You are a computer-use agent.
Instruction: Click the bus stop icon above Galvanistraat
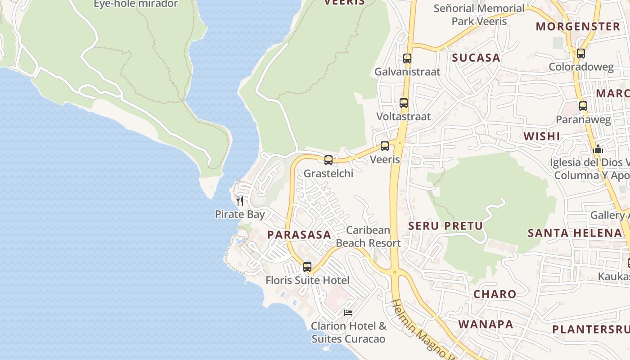click(x=407, y=58)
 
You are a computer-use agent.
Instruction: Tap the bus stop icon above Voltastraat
click(x=404, y=103)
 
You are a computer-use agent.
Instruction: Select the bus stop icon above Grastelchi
click(x=328, y=160)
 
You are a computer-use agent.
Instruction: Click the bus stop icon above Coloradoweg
click(x=581, y=54)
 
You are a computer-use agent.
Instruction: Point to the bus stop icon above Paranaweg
click(x=583, y=106)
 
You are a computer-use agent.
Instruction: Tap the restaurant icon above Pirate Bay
click(x=240, y=201)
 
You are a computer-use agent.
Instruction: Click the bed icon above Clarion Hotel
click(x=348, y=312)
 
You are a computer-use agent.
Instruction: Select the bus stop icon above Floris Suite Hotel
click(x=307, y=267)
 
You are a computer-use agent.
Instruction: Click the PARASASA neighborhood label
click(x=299, y=234)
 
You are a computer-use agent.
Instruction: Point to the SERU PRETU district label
click(x=445, y=226)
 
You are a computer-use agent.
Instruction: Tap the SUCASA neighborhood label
click(x=476, y=58)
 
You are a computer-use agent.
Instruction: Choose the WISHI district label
click(x=542, y=136)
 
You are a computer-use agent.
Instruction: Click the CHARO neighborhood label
click(x=495, y=294)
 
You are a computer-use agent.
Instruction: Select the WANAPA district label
click(x=486, y=324)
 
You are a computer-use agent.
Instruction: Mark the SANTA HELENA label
click(x=575, y=233)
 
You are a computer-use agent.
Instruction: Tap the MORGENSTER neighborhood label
click(x=578, y=27)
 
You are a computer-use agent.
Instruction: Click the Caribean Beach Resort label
click(x=368, y=237)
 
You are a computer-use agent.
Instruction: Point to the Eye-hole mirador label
click(x=135, y=4)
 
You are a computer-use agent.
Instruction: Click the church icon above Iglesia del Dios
click(x=598, y=148)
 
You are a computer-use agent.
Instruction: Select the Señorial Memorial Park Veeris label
click(x=479, y=15)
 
